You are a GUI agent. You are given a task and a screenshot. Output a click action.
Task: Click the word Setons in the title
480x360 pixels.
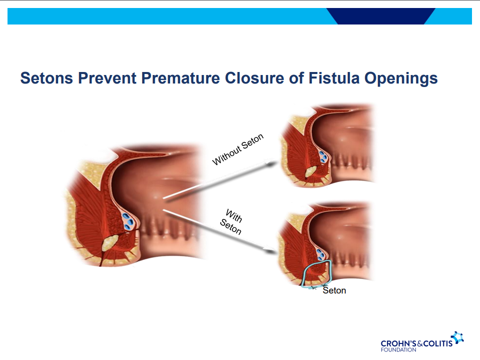point(47,78)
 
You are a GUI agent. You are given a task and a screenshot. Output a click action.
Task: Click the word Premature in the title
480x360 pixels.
point(180,78)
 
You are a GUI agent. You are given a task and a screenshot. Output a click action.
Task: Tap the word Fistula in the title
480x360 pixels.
point(334,78)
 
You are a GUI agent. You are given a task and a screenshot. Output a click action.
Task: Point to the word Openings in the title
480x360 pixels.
point(401,78)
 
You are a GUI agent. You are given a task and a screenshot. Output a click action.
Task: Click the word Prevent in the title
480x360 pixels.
point(107,78)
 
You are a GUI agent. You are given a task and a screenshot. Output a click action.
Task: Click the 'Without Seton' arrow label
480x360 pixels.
point(238,149)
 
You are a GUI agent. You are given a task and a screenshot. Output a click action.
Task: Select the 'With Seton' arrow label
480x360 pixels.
point(232,222)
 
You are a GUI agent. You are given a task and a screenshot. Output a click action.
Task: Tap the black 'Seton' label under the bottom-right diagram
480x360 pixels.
point(334,290)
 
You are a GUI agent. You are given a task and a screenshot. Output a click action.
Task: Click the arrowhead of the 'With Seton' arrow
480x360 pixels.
point(271,251)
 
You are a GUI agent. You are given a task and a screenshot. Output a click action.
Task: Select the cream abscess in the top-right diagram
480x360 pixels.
point(310,172)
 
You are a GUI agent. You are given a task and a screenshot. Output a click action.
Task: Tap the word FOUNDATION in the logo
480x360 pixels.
point(398,349)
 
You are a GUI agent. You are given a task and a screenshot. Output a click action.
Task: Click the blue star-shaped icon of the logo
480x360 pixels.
point(458,337)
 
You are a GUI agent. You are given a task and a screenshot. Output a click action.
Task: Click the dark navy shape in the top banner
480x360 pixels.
point(381,16)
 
